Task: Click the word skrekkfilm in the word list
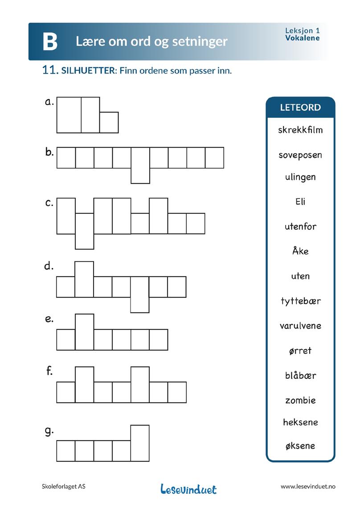tap(300, 130)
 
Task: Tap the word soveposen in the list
tap(300, 155)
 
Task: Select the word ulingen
tap(300, 177)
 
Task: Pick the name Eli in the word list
tap(300, 201)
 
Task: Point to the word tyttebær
tap(300, 301)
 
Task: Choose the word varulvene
tap(300, 326)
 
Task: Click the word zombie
tap(300, 400)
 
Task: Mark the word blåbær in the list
tap(300, 375)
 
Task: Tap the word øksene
tap(300, 446)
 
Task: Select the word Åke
tap(300, 251)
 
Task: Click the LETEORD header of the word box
tap(300, 107)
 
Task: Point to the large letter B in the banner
tap(50, 42)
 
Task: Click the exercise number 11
tap(50, 70)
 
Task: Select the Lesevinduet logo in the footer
tap(188, 489)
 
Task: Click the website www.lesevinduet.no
tap(308, 487)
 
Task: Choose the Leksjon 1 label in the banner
tap(303, 31)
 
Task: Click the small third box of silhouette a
tap(109, 122)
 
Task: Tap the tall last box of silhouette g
tap(140, 443)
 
